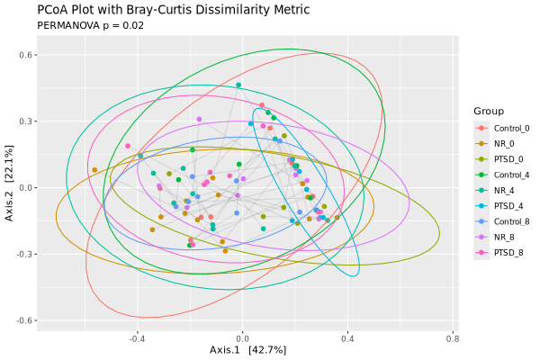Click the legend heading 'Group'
click(488, 111)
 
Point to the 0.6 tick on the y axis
click(27, 55)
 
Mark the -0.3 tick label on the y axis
click(24, 254)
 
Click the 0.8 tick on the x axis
click(452, 339)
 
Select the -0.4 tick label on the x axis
click(137, 339)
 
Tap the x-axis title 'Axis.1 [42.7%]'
click(247, 350)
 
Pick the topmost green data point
click(238, 85)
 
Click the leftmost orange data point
click(94, 170)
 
